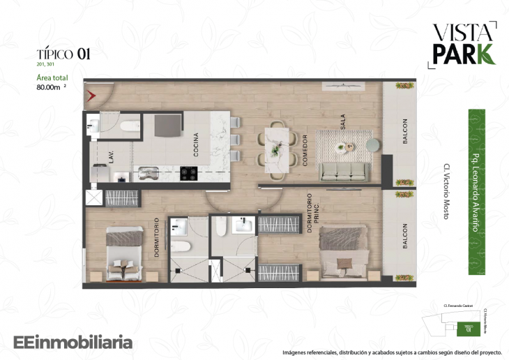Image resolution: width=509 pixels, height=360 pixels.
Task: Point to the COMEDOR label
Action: tap(305, 149)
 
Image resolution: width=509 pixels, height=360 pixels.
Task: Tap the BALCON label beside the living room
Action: tap(404, 132)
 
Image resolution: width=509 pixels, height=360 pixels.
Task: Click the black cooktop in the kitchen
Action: tap(188, 171)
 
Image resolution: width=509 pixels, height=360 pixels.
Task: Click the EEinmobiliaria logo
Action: tap(73, 343)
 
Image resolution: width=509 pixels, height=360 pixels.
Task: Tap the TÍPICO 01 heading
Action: tap(63, 53)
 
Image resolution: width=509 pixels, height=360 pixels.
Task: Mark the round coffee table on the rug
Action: tap(342, 147)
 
